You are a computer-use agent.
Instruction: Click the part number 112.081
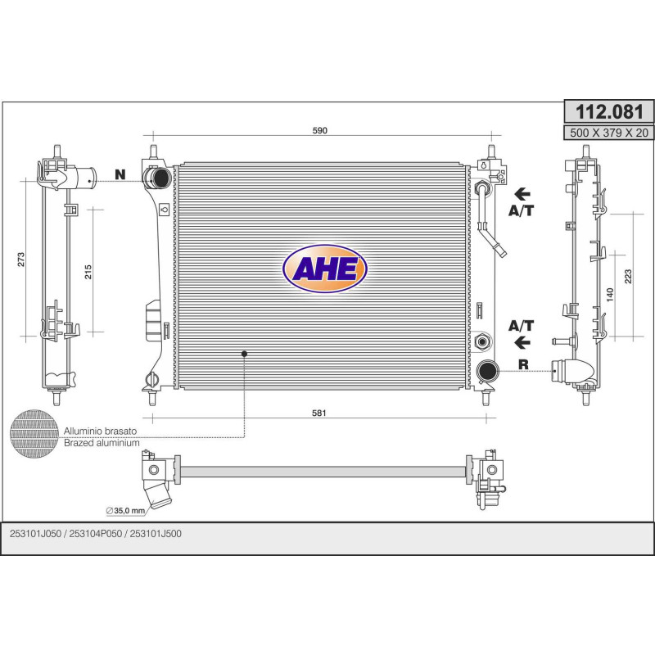tap(609, 112)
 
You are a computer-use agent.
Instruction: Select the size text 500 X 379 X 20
tap(609, 133)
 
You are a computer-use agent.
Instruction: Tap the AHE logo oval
tap(324, 269)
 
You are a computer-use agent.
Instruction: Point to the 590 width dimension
tap(320, 130)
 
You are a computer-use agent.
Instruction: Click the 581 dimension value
tap(319, 413)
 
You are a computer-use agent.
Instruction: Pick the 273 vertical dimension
tap(21, 260)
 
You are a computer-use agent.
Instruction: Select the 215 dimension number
tap(88, 272)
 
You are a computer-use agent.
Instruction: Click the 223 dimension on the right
tap(628, 277)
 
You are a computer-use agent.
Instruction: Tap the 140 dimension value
tap(610, 295)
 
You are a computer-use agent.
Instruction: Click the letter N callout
tap(120, 174)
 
